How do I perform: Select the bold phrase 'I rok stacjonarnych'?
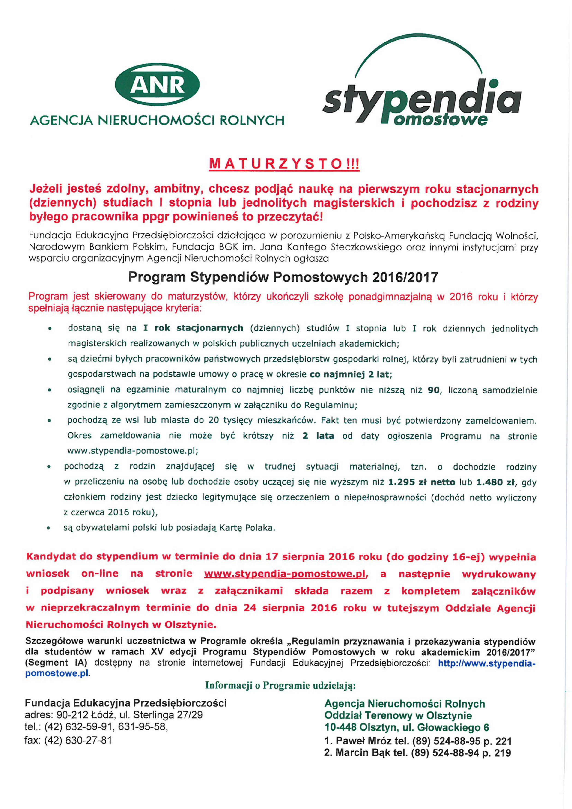[x=193, y=328]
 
